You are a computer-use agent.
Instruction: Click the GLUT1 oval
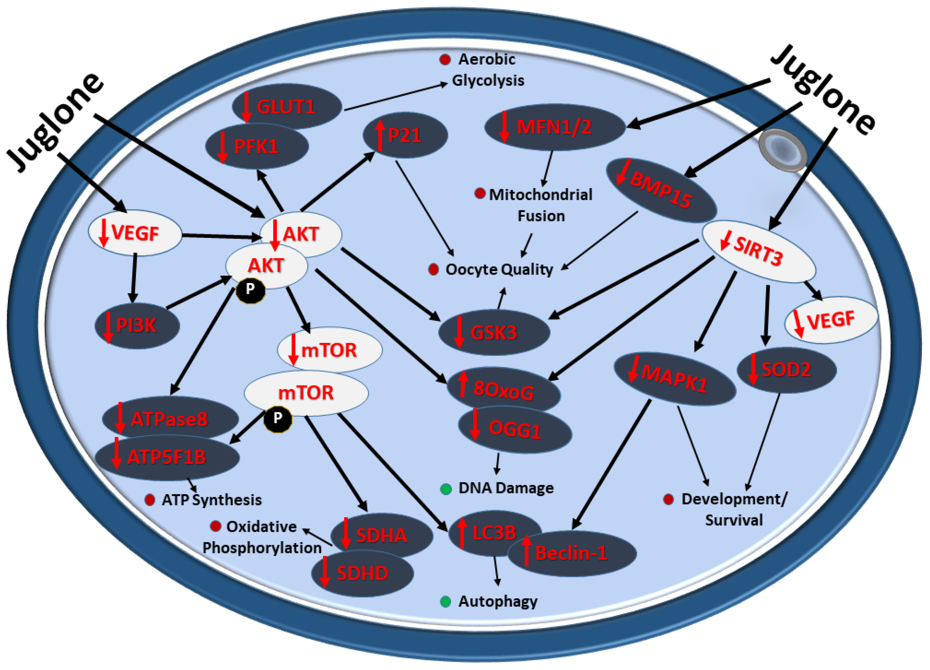point(287,106)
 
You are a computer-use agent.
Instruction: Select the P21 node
point(405,135)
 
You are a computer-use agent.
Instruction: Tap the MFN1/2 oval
point(554,127)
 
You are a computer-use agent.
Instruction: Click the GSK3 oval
point(494,332)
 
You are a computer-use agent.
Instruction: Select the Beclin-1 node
point(572,553)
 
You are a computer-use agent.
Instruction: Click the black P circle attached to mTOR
point(277,419)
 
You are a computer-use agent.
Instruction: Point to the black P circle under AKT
point(250,290)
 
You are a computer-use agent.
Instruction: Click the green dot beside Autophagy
point(445,602)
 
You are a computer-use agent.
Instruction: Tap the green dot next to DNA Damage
point(446,489)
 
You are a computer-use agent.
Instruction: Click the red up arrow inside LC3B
point(462,533)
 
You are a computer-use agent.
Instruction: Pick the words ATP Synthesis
point(212,500)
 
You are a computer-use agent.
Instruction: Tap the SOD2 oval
point(786,370)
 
